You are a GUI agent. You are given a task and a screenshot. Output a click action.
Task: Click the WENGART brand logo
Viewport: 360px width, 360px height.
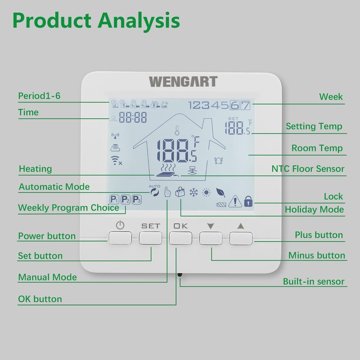(x=183, y=82)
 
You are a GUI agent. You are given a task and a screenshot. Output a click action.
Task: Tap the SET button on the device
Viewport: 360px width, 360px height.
(x=150, y=237)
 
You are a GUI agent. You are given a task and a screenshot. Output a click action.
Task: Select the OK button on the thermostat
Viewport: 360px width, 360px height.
(x=180, y=237)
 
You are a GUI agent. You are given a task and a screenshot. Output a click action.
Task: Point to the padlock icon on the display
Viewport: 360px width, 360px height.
(x=248, y=202)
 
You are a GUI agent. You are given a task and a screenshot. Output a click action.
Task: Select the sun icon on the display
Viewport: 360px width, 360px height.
(x=207, y=192)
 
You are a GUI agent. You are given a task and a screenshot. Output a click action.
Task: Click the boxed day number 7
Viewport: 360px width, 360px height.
(x=245, y=106)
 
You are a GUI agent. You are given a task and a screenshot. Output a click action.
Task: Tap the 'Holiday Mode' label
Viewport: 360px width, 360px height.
(x=314, y=210)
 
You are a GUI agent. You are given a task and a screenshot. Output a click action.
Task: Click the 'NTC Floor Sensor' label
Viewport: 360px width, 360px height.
(x=308, y=169)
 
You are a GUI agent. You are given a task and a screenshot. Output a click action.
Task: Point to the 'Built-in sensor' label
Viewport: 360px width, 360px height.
(x=314, y=282)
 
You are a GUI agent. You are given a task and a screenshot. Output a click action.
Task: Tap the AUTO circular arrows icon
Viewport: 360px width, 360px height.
(x=155, y=192)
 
